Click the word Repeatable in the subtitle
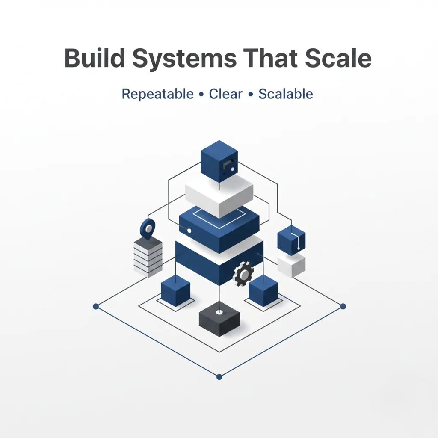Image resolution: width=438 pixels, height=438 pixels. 157,94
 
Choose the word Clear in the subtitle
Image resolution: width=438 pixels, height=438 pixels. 225,94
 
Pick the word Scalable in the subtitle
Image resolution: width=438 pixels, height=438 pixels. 285,94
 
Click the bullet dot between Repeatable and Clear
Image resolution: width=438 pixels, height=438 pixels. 201,95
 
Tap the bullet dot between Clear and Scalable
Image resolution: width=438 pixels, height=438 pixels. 250,95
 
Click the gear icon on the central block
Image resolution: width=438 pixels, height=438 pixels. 243,274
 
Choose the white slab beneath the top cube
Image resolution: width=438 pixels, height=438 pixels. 219,195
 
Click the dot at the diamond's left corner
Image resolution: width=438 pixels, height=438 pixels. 96,306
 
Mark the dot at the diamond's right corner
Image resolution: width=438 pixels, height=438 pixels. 343,306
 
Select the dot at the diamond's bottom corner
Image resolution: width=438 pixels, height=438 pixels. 219,377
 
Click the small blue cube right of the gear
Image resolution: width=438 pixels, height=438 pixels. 263,291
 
